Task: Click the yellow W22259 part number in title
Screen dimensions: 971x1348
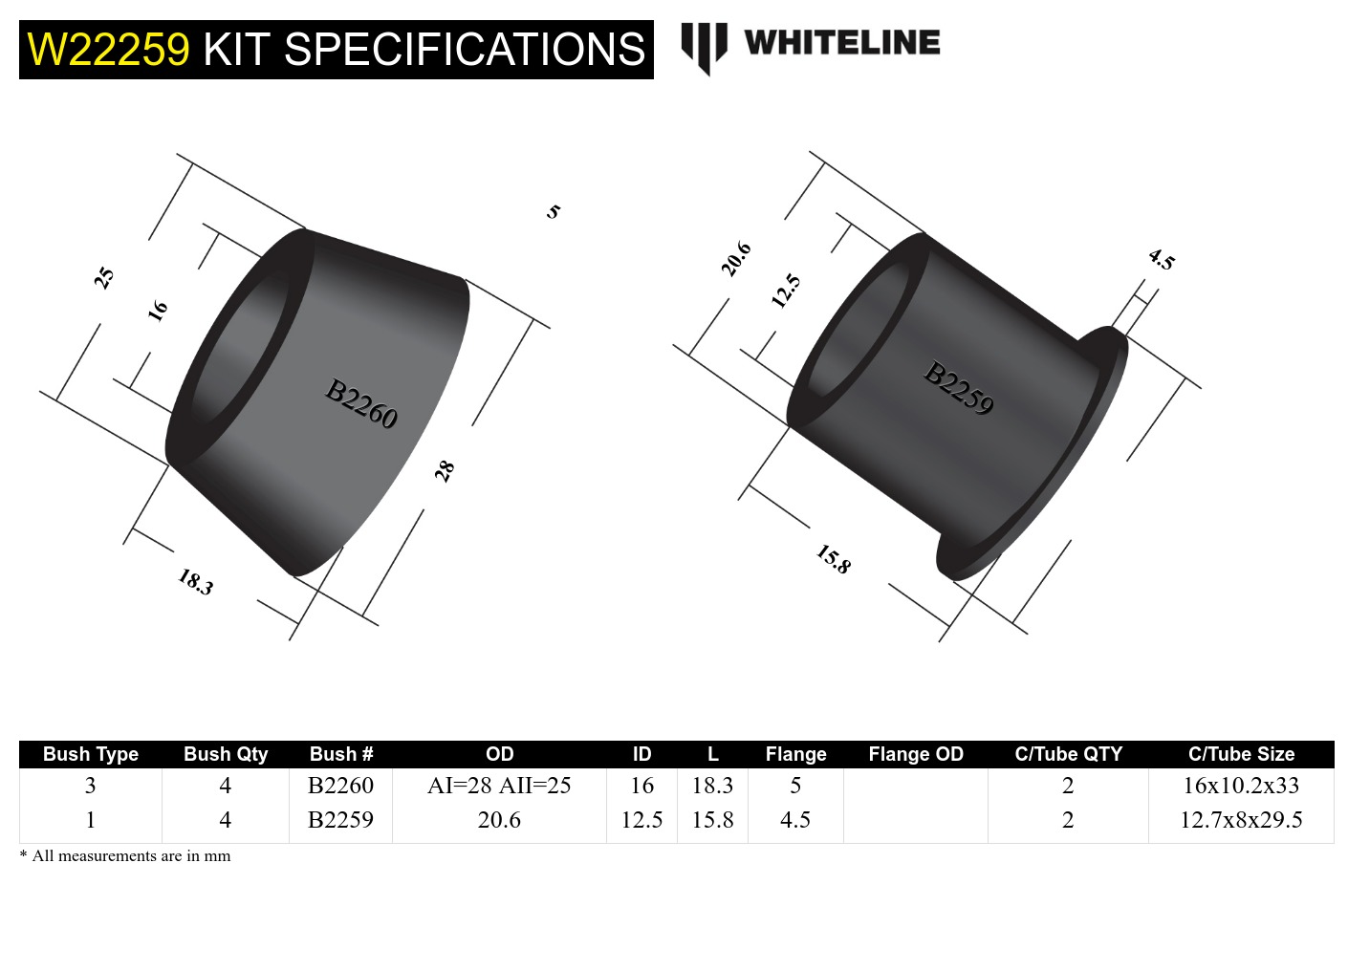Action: point(108,50)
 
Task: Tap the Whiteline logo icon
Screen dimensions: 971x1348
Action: point(704,46)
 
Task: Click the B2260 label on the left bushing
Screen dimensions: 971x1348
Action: point(360,404)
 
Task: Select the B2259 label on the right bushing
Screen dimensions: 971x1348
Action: point(958,388)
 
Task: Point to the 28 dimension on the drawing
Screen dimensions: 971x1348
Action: point(445,470)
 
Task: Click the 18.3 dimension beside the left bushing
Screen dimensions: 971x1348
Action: point(195,581)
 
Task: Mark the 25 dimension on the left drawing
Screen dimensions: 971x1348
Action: point(104,278)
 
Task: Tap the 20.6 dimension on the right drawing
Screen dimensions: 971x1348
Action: point(735,259)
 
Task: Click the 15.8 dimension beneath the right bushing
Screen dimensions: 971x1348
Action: point(833,559)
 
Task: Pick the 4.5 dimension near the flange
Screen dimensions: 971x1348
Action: point(1161,259)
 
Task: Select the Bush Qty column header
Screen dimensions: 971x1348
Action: point(226,754)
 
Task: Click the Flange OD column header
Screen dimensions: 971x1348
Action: point(915,754)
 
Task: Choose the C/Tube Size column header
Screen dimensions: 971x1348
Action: point(1241,754)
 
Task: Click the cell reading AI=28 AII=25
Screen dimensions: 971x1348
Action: point(499,786)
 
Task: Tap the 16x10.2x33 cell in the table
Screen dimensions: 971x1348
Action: point(1241,786)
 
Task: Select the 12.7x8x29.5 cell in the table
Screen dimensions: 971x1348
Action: point(1241,820)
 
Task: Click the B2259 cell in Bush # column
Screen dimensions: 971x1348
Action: point(340,820)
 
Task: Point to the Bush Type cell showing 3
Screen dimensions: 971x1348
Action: point(90,786)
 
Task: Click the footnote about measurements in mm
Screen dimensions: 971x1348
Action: point(125,856)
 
